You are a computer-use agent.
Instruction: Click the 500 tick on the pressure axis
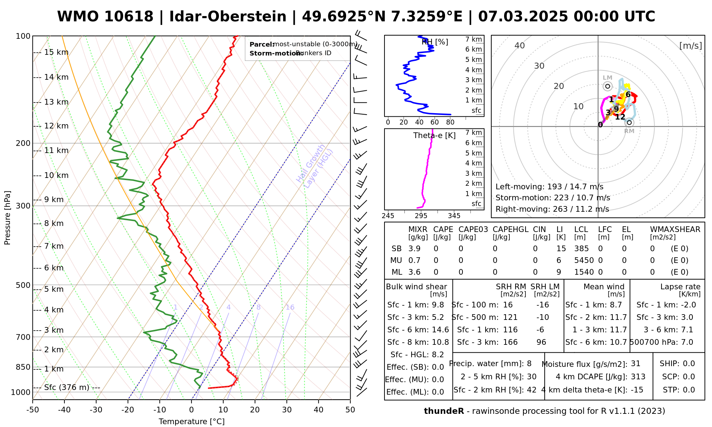click(23, 285)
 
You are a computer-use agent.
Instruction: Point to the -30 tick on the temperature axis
click(96, 410)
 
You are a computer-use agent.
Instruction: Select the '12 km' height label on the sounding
click(56, 126)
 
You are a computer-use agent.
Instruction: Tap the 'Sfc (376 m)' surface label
click(67, 387)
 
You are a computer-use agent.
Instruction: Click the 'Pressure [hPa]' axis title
click(7, 218)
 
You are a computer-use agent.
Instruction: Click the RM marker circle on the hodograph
click(629, 122)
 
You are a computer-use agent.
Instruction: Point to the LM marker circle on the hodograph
click(607, 86)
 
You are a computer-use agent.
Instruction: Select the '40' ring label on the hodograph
click(520, 46)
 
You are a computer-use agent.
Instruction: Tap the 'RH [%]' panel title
click(435, 42)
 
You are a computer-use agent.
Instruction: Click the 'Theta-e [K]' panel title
click(434, 136)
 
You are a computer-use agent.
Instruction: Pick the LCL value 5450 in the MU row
click(584, 260)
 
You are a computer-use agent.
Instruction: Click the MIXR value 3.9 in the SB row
click(414, 249)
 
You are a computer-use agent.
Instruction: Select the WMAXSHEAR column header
click(675, 230)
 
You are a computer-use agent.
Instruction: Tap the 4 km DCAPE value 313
click(638, 377)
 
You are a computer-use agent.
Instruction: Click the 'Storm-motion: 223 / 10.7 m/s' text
click(553, 198)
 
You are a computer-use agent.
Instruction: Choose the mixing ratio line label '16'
click(290, 307)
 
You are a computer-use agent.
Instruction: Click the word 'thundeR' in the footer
click(444, 411)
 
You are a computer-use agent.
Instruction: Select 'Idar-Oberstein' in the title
click(227, 17)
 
